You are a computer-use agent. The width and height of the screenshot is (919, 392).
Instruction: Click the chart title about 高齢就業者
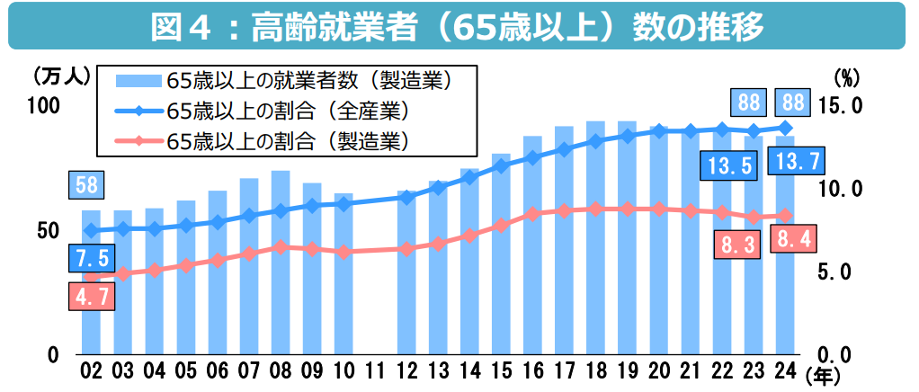(x=459, y=26)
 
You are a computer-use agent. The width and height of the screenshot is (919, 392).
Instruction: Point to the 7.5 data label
(x=91, y=259)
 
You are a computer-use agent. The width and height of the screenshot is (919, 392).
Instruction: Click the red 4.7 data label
(x=91, y=297)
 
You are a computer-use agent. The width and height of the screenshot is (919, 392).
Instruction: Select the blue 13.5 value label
(x=729, y=165)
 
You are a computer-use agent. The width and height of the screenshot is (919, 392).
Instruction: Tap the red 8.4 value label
(x=793, y=240)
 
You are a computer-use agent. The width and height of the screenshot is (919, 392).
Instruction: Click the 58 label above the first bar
(x=87, y=186)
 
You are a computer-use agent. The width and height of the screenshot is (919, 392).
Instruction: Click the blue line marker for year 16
(x=532, y=158)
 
